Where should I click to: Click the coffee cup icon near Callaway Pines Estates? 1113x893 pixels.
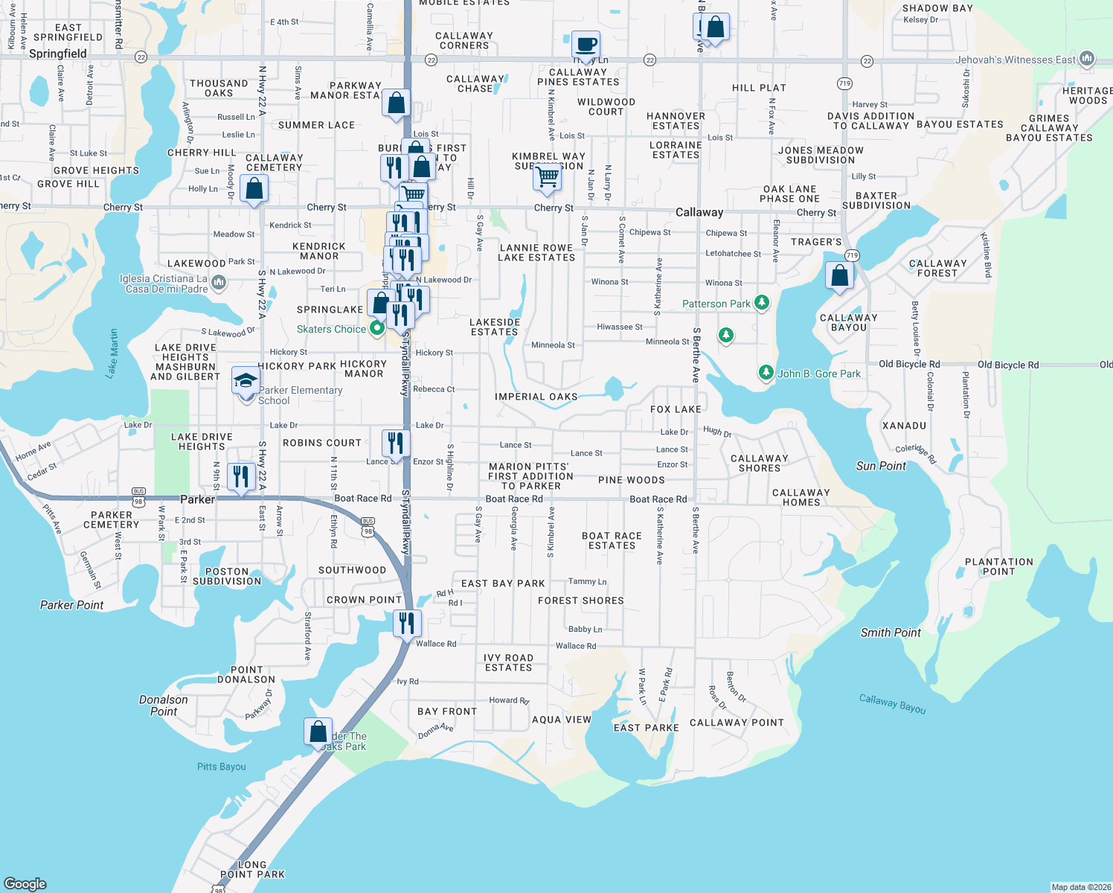click(586, 45)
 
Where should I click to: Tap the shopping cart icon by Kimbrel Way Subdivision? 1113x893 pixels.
click(548, 177)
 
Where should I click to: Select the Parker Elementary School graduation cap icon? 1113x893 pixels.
click(246, 382)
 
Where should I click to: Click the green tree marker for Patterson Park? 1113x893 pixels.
click(761, 303)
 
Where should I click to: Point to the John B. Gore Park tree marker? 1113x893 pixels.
click(766, 372)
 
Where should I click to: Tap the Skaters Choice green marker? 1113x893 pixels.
click(376, 327)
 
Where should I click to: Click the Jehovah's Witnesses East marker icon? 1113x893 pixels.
click(1087, 59)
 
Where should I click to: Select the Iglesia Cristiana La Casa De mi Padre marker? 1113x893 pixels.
click(219, 282)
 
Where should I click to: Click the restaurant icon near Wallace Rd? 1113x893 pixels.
click(406, 623)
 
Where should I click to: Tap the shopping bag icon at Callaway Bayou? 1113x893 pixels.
click(839, 276)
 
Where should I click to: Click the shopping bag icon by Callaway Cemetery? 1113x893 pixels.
click(254, 189)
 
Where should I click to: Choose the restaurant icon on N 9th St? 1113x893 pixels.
click(240, 476)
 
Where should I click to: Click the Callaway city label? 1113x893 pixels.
click(699, 212)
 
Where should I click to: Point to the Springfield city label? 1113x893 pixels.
click(58, 54)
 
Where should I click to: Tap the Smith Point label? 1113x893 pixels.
click(891, 633)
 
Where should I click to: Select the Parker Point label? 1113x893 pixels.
click(71, 605)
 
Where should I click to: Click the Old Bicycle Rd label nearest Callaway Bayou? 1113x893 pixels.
click(909, 365)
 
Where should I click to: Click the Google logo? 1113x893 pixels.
click(25, 883)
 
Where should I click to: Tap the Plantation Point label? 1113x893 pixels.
click(998, 566)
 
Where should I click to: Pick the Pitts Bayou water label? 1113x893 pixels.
click(221, 766)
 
